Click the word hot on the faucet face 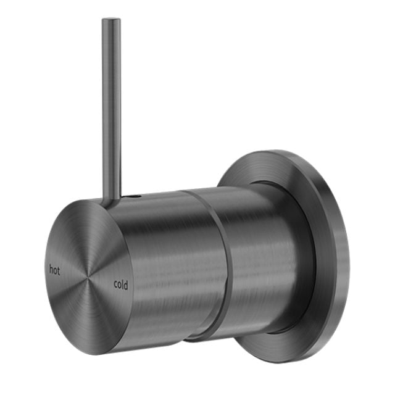(55, 268)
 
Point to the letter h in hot (51, 268)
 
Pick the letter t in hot (59, 269)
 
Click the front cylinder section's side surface (167, 259)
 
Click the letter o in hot (56, 269)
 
